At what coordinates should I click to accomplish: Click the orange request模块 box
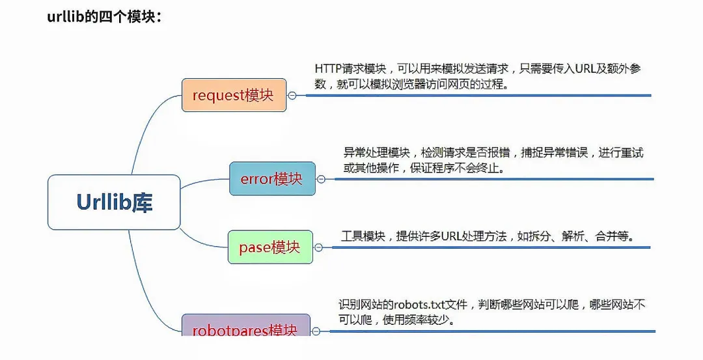point(234,95)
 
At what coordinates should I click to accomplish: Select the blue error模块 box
point(272,178)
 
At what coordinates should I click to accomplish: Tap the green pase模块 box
point(270,247)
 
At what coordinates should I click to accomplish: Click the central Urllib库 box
point(114,202)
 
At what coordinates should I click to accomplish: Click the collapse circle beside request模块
point(292,95)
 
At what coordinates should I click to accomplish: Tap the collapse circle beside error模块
point(320,178)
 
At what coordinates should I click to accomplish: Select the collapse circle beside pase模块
point(318,247)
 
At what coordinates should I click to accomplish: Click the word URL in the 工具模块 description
point(451,236)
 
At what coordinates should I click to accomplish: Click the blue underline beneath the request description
point(475,96)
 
